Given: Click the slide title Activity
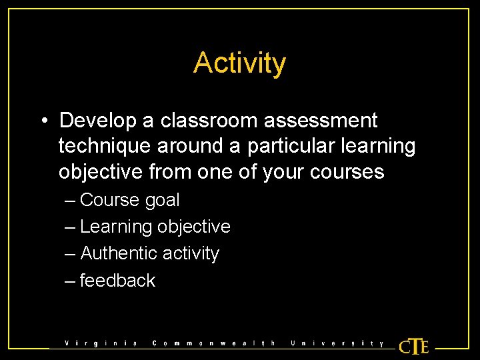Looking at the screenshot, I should click(240, 63).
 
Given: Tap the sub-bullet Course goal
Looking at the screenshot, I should click(129, 200).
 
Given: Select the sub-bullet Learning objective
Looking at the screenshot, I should click(155, 227).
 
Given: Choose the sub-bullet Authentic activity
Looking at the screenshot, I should click(149, 253).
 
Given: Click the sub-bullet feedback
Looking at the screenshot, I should click(117, 281).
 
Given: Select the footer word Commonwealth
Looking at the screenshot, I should click(214, 344).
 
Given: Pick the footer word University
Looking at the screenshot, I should click(337, 344).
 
